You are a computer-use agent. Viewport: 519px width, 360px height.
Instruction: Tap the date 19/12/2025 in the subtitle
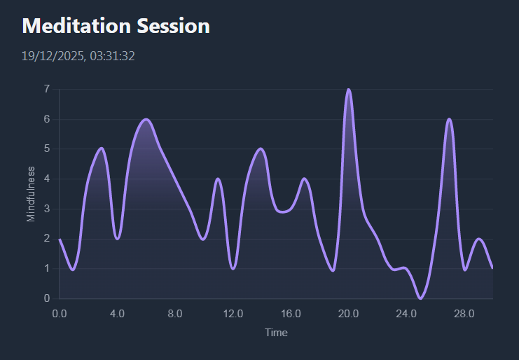point(53,55)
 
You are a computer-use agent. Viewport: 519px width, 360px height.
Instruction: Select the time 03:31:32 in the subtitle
point(112,55)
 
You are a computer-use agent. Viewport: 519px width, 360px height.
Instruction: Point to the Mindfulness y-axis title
point(31,194)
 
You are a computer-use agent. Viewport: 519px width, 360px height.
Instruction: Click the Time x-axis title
point(276,333)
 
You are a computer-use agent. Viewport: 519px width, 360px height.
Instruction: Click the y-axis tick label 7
point(46,89)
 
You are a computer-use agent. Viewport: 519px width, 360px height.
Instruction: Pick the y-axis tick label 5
point(46,148)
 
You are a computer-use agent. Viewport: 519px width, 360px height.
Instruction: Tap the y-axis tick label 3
point(46,209)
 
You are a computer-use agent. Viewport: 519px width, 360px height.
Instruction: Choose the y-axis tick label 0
point(46,298)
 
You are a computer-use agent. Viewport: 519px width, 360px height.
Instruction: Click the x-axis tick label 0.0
point(60,313)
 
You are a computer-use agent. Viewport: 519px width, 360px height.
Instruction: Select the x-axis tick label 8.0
point(175,313)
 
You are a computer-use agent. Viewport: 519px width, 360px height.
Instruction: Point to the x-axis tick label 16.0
point(291,313)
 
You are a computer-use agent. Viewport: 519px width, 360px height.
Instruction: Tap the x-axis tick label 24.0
point(406,313)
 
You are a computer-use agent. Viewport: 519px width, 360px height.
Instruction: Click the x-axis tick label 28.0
point(464,313)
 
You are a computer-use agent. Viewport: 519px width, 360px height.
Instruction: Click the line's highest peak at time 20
point(348,90)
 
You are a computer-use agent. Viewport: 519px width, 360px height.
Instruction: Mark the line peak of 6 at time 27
point(449,120)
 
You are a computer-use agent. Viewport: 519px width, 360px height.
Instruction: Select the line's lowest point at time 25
point(420,298)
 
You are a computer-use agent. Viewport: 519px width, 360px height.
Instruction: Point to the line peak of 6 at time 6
point(146,120)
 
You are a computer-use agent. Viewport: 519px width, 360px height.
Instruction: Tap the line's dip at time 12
point(233,268)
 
